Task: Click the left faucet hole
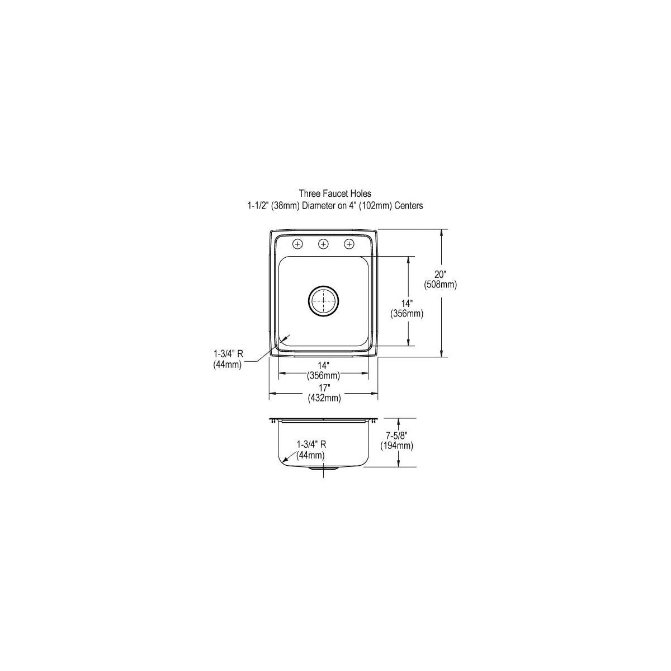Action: click(297, 244)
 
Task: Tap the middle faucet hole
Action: click(323, 244)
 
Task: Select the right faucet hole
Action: click(349, 244)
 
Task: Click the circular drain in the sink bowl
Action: click(324, 301)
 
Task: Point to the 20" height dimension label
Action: click(440, 275)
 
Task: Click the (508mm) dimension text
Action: click(440, 285)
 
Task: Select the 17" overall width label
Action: click(324, 388)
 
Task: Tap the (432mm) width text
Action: click(324, 398)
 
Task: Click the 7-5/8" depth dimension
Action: click(396, 435)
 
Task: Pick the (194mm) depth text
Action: click(396, 445)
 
